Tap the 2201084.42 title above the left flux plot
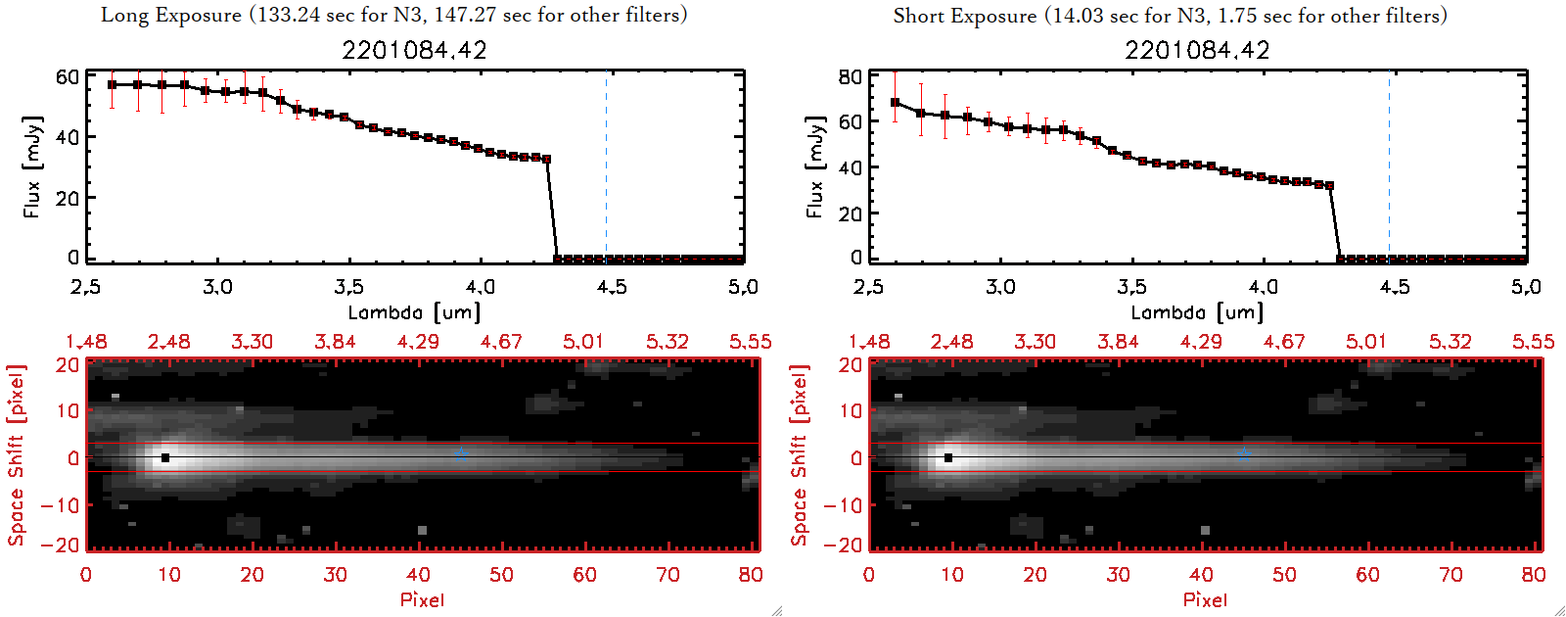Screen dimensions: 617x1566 [x=414, y=50]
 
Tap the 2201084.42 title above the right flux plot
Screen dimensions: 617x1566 [x=1197, y=50]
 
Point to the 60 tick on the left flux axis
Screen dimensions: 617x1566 [x=67, y=77]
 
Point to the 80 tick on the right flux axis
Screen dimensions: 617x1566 [x=850, y=77]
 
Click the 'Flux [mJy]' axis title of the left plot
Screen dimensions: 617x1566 [x=32, y=166]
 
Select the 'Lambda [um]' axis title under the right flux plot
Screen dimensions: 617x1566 [x=1197, y=312]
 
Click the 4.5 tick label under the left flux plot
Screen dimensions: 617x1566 [x=612, y=287]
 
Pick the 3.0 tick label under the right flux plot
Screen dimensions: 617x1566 [x=1000, y=287]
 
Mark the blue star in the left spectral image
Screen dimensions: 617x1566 [x=461, y=454]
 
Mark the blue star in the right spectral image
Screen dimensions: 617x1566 [x=1244, y=454]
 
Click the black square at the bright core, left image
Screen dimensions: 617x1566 [x=165, y=457]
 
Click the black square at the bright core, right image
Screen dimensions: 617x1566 [x=948, y=457]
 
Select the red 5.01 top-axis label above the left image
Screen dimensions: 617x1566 [x=583, y=342]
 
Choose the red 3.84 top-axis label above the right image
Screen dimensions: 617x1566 [x=1118, y=342]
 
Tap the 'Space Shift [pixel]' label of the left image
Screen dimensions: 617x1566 [x=16, y=455]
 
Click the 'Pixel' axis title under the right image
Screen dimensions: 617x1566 [x=1205, y=599]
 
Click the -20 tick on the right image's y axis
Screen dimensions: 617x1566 [x=843, y=545]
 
